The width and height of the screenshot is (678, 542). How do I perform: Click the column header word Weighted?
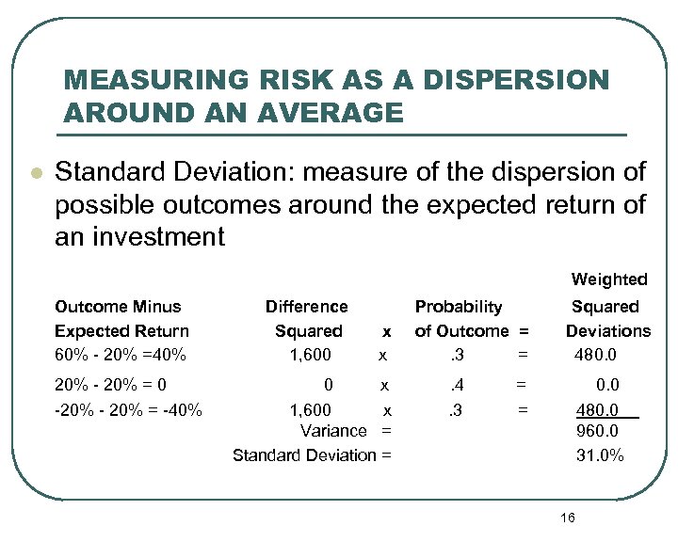[609, 279]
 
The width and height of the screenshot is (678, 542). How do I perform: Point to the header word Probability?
[459, 307]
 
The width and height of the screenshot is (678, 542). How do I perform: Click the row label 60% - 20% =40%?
[121, 356]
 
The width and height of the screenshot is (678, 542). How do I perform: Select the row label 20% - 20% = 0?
[111, 385]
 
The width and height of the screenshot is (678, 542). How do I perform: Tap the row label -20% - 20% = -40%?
[128, 409]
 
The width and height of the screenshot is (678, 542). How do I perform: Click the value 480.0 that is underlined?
[598, 409]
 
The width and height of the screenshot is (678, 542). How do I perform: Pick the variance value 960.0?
[599, 431]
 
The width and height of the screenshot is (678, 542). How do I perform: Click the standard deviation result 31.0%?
[600, 455]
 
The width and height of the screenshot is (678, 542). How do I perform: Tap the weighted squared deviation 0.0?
[606, 385]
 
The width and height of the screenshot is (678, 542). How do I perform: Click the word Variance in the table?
[332, 431]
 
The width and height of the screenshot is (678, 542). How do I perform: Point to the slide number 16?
[567, 518]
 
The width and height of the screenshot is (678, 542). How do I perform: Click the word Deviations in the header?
[607, 331]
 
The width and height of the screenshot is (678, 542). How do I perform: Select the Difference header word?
[306, 307]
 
